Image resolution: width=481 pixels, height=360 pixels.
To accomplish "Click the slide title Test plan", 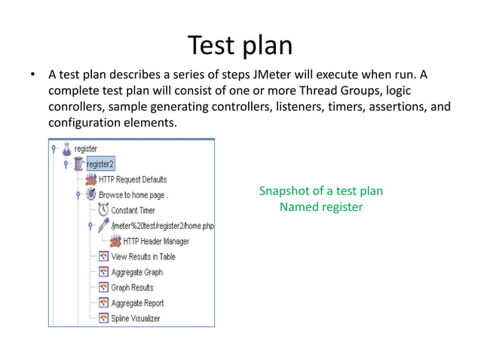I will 240,45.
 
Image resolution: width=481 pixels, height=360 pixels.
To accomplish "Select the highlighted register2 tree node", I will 100,164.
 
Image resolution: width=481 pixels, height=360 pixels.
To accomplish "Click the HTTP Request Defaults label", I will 132,179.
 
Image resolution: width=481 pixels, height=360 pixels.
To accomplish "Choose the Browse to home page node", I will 133,194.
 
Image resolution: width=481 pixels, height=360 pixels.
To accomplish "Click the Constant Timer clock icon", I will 103,210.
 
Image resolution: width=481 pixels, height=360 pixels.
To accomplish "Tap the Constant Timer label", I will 133,210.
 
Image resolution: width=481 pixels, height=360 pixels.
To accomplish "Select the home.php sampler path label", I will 162,226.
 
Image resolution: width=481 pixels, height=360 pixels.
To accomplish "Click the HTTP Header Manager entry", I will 151,241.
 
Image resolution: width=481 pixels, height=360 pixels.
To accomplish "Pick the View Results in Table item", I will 143,256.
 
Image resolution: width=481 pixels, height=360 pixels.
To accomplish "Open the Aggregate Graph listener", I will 136,272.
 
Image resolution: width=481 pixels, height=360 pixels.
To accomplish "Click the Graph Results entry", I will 132,287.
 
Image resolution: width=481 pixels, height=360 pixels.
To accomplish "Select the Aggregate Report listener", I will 137,303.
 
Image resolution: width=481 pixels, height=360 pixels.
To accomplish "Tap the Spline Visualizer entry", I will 135,318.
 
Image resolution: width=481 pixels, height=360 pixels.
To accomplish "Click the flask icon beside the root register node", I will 66,148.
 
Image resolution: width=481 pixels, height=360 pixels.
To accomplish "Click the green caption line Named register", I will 320,206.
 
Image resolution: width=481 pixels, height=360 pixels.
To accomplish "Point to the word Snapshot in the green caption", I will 283,191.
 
